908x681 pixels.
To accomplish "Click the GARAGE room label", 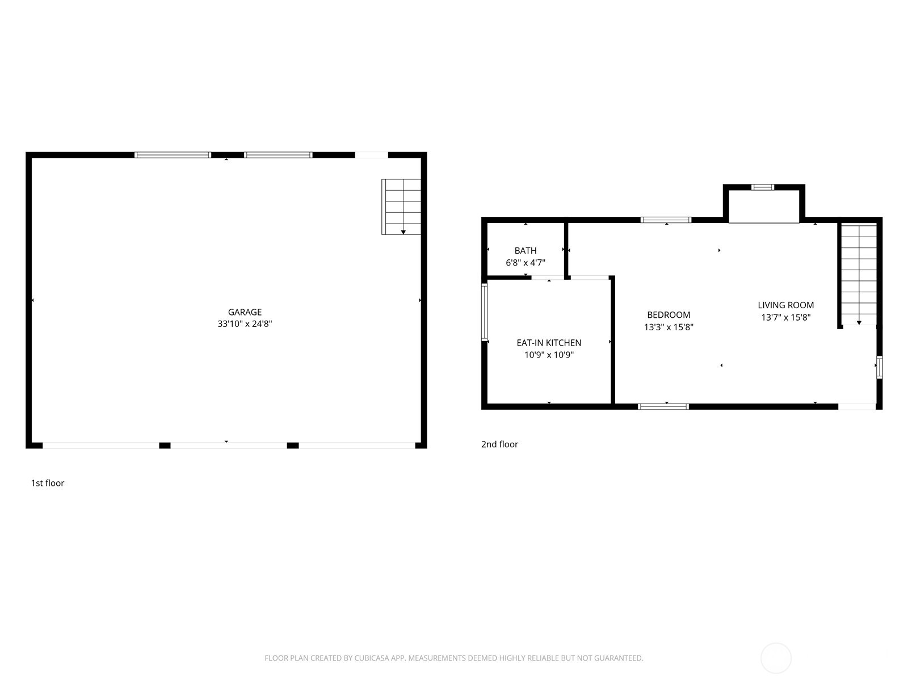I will tap(245, 312).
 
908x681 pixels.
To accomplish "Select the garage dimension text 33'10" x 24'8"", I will tap(245, 324).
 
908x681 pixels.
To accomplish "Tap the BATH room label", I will tap(526, 250).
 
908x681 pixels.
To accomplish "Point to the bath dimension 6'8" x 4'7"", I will tap(526, 263).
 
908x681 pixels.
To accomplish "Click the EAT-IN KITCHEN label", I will tap(549, 343).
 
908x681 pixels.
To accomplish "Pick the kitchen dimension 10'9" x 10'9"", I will tap(549, 355).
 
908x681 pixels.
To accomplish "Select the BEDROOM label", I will tap(669, 315).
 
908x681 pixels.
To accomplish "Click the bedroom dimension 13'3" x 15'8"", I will tap(669, 327).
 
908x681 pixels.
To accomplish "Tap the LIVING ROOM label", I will tap(785, 305).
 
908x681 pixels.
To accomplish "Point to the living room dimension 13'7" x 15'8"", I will tap(785, 318).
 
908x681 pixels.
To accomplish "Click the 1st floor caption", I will tap(48, 483).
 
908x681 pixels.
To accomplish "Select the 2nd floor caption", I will tap(499, 444).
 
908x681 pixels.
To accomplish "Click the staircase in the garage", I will tap(402, 207).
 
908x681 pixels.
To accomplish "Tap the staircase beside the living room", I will tap(859, 274).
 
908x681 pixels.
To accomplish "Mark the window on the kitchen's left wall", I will tap(484, 312).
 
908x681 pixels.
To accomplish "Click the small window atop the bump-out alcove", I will tap(762, 187).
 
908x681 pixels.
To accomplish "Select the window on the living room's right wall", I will tap(879, 367).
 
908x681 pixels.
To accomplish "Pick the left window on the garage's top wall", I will tap(173, 155).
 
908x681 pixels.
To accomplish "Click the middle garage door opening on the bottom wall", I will tap(228, 445).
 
